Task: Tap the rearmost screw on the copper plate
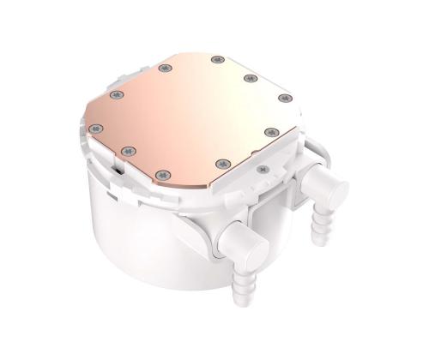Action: (x=214, y=60)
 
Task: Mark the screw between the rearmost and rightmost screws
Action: (x=251, y=79)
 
